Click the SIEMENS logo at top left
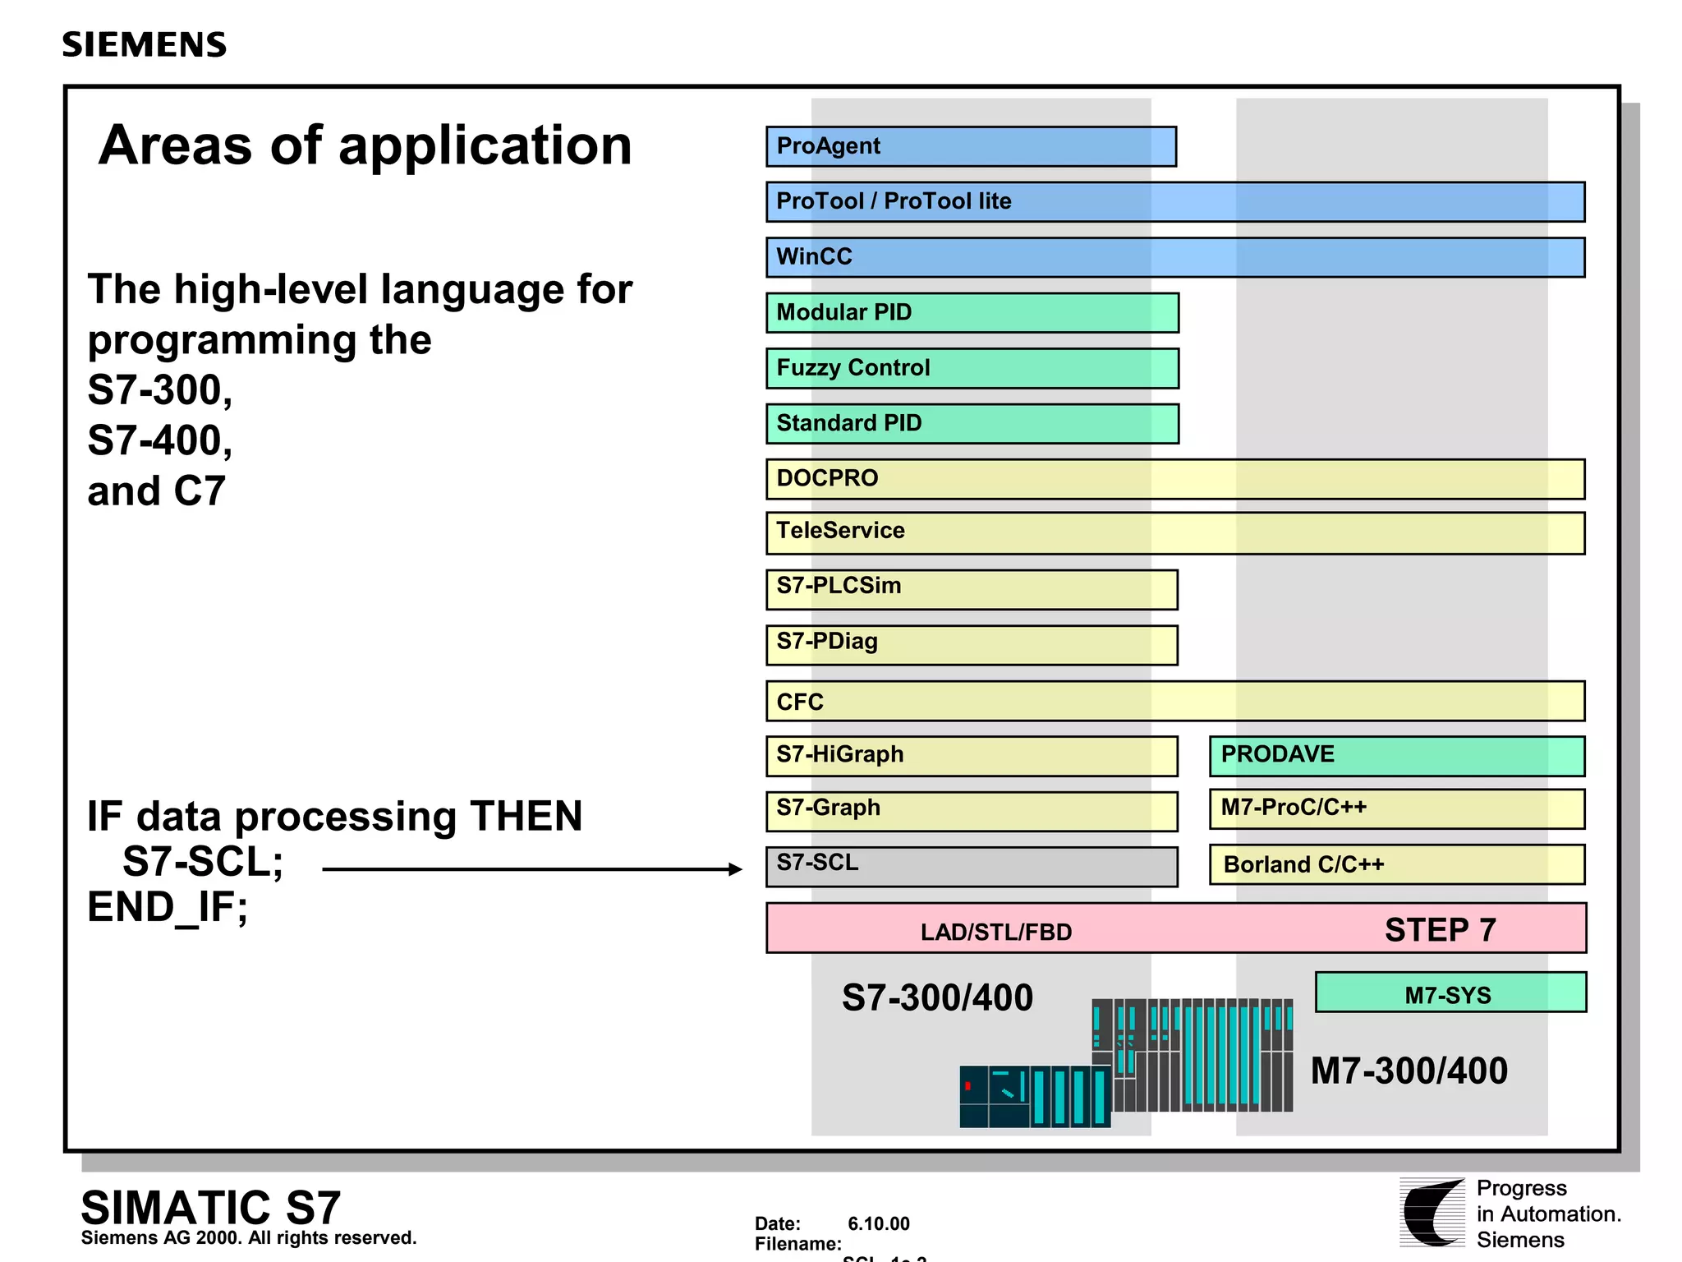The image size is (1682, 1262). pyautogui.click(x=145, y=44)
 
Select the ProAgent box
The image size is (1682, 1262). pyautogui.click(x=971, y=146)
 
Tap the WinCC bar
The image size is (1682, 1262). pyautogui.click(x=1174, y=257)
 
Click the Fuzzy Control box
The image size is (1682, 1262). pyautogui.click(x=972, y=368)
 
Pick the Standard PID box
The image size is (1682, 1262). pyautogui.click(x=972, y=423)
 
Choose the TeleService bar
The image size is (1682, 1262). pyautogui.click(x=1174, y=533)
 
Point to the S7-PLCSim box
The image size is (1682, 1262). pyautogui.click(x=972, y=589)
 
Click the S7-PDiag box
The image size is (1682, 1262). pyautogui.click(x=972, y=644)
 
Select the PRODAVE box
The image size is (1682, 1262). pyautogui.click(x=1396, y=756)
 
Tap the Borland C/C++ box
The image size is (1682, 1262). pyautogui.click(x=1396, y=864)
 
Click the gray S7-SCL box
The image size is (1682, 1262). pyautogui.click(x=972, y=866)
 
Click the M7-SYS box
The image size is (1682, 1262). pyautogui.click(x=1450, y=993)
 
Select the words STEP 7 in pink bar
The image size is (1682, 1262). pyautogui.click(x=1440, y=930)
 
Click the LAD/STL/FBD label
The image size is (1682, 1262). pyautogui.click(x=995, y=932)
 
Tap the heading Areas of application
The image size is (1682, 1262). pyautogui.click(x=365, y=145)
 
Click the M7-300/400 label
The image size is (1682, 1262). pyautogui.click(x=1409, y=1071)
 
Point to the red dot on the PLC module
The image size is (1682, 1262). pyautogui.click(x=968, y=1086)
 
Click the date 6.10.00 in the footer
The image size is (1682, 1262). pyautogui.click(x=878, y=1223)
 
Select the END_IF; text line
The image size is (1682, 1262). pyautogui.click(x=168, y=908)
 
